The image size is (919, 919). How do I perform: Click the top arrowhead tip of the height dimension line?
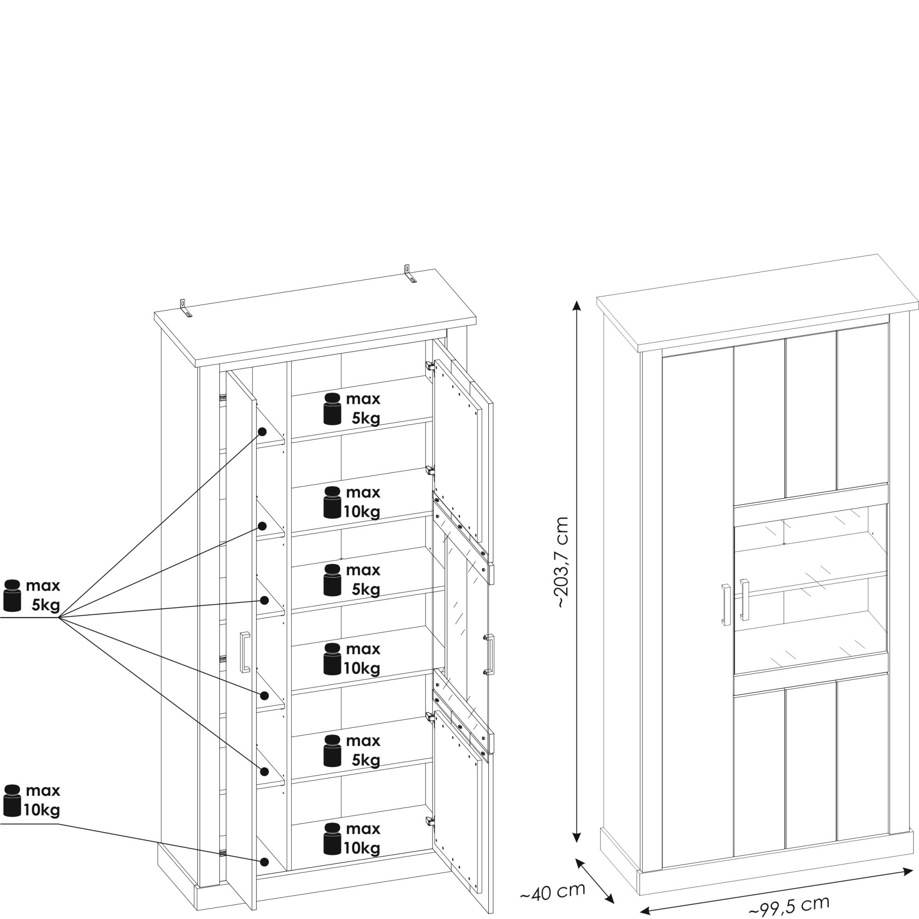tap(577, 301)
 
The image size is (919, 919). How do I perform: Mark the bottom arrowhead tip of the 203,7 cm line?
tap(577, 843)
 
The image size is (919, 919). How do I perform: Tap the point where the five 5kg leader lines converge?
tap(58, 618)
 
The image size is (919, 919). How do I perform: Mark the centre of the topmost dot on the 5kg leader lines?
tap(262, 431)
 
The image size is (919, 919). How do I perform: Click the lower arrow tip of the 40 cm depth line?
tap(613, 902)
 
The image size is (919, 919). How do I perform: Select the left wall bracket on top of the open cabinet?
tap(185, 308)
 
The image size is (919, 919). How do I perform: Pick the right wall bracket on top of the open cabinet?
tap(409, 273)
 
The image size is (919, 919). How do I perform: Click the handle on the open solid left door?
tap(245, 652)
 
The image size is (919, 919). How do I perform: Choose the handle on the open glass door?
tap(489, 654)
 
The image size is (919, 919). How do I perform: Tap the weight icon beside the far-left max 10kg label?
tap(12, 800)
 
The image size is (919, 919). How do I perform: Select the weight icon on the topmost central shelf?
tap(332, 408)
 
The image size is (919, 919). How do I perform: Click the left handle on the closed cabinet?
tap(726, 605)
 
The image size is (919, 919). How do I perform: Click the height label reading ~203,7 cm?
tap(562, 562)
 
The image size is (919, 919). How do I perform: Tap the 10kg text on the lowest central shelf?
tap(362, 848)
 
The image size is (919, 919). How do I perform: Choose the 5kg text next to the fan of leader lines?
tap(46, 606)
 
